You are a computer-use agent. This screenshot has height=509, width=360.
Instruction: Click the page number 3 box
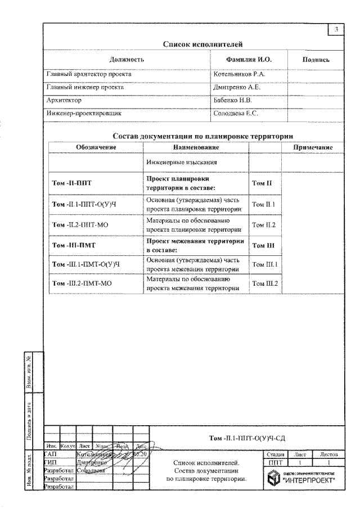[335, 29]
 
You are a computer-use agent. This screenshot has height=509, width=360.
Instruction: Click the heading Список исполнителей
[195, 43]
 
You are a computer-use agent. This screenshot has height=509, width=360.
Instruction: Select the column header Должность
[127, 59]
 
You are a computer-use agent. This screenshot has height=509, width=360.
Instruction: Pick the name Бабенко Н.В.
[233, 100]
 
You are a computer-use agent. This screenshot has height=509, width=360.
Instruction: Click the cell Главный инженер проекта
[85, 87]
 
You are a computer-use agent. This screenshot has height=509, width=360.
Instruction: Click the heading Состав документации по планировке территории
[205, 136]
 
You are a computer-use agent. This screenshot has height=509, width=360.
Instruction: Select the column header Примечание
[312, 147]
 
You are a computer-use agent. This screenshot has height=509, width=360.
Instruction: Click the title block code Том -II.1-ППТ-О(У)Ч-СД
[246, 435]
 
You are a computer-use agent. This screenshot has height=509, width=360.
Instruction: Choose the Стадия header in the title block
[274, 453]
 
